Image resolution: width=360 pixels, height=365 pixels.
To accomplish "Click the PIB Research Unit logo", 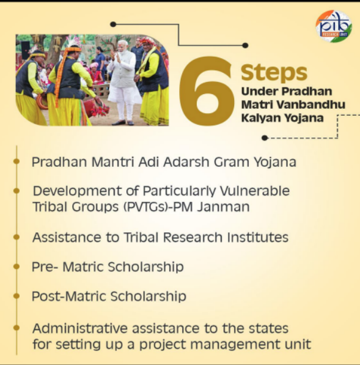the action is [334, 26].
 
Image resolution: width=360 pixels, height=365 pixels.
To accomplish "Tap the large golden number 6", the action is [207, 91].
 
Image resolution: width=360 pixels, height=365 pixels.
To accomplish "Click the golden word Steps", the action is [274, 72].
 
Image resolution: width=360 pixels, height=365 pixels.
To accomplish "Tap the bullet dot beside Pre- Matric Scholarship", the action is [17, 267].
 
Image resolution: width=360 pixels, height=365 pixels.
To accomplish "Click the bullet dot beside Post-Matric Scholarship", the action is [17, 296].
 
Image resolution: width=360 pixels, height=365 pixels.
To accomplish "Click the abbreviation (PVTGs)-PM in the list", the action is [158, 207].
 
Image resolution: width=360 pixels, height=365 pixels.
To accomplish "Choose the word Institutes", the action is [258, 237].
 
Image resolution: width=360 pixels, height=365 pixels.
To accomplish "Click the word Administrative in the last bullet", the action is [80, 328].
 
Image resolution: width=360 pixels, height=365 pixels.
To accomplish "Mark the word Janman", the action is [223, 207].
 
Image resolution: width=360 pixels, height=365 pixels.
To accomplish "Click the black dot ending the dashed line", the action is [265, 138].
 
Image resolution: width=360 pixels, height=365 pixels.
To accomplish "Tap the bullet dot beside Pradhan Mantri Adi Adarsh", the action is [17, 161].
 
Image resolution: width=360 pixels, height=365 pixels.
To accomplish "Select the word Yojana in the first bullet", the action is [275, 162].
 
